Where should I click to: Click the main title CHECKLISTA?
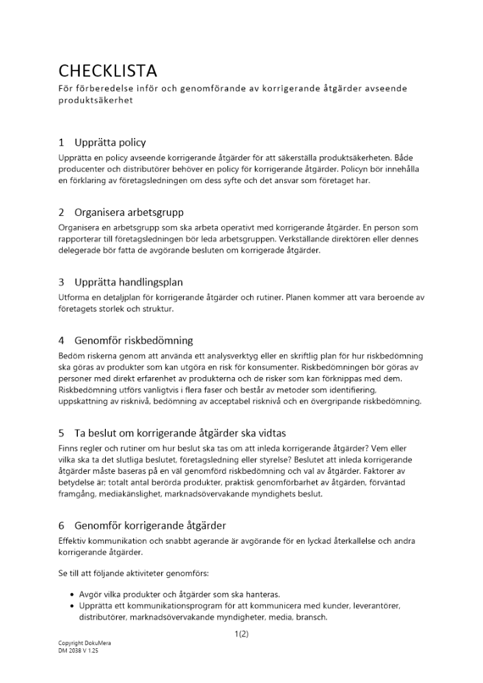[x=108, y=70]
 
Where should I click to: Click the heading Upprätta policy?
[x=110, y=143]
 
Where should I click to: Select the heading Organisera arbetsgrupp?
[x=129, y=212]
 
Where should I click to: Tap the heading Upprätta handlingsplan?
[x=128, y=282]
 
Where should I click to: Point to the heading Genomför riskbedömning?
[x=134, y=340]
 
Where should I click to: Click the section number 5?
[x=61, y=433]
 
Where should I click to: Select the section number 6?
[x=61, y=525]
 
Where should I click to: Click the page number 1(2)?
[x=241, y=634]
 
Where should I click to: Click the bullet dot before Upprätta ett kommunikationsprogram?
[x=72, y=606]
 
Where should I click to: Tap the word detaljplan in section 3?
[x=125, y=296]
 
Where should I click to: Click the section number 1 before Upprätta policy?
[x=61, y=143]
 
